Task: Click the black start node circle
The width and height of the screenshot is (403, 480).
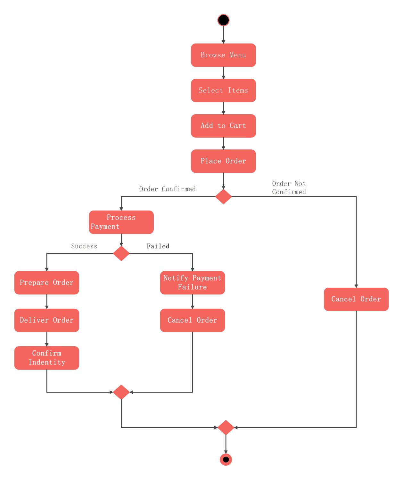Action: pos(223,20)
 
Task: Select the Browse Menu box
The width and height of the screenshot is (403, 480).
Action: pos(223,55)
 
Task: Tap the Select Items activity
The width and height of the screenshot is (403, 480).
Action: pos(223,91)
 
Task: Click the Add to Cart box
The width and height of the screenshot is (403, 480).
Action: pos(223,126)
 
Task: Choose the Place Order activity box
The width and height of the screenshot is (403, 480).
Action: pos(223,161)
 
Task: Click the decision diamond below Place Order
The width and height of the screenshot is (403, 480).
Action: pos(223,196)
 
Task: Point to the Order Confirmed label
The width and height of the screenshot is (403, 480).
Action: pos(167,189)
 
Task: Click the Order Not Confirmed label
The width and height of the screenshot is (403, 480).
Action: pos(289,188)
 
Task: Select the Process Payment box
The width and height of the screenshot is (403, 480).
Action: pos(121,222)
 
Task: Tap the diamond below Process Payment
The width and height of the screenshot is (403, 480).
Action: pos(121,253)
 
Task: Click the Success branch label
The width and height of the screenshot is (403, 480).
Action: pos(84,246)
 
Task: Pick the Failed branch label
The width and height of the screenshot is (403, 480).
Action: pos(158,246)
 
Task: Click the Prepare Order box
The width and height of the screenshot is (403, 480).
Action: pos(47,283)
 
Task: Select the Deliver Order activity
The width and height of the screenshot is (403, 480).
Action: pos(47,320)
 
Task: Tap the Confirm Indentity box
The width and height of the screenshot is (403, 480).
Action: pos(47,358)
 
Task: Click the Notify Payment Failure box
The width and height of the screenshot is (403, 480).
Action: pos(192,283)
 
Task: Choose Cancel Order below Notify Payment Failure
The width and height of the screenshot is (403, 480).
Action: pos(192,320)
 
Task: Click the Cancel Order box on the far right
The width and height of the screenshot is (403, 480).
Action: pos(356,299)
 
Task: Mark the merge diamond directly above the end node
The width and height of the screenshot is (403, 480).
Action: pos(226,428)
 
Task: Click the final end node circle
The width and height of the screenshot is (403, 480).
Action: pos(226,460)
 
